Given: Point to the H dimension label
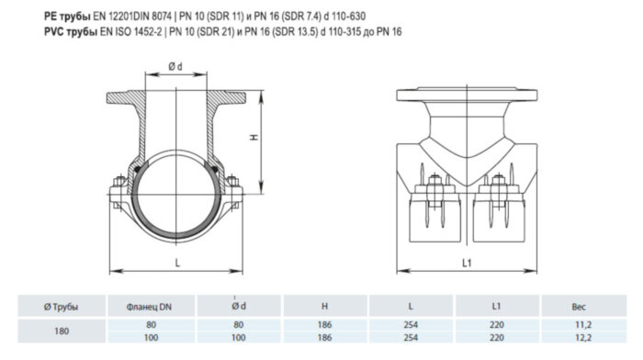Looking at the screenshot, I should [254, 137].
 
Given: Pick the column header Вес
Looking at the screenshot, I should [578, 306].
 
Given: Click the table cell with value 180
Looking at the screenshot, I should [62, 332].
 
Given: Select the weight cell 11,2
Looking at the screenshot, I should [578, 324].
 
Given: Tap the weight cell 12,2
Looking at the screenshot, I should [578, 338].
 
